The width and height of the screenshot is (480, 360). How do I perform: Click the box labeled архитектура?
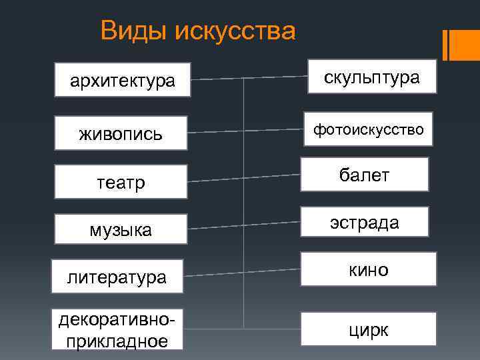(x=123, y=81)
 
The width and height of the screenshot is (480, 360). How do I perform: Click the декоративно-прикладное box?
(x=117, y=329)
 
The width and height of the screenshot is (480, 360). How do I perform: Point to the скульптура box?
(x=372, y=77)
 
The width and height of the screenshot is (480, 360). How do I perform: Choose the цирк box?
(x=368, y=329)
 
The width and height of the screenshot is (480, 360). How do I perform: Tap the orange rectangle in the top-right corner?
(x=461, y=45)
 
